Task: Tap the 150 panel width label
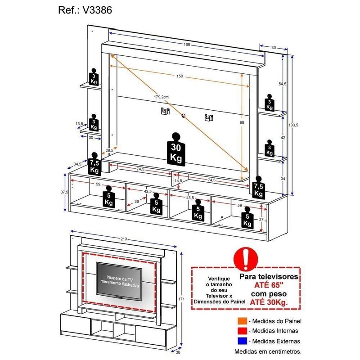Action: (180, 76)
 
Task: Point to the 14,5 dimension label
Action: (179, 180)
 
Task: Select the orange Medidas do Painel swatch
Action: (243, 321)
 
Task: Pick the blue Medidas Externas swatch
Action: (243, 341)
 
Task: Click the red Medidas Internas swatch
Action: (243, 331)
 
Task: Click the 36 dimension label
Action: (136, 202)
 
